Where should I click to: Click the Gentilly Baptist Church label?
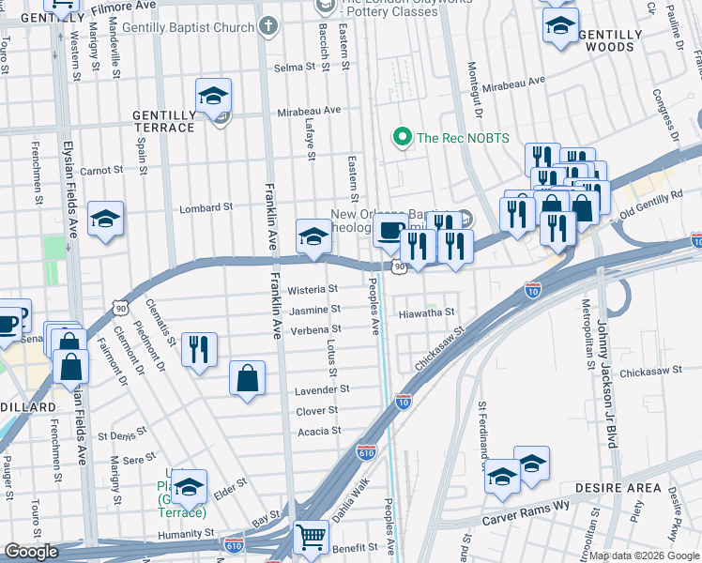(193, 27)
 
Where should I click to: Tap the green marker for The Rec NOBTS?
(403, 138)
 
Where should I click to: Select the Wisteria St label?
(313, 290)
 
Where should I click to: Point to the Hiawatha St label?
(427, 312)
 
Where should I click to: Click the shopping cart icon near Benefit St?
(312, 538)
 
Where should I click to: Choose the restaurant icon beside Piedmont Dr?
(199, 349)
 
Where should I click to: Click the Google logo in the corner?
(31, 552)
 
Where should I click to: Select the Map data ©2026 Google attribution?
(644, 555)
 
